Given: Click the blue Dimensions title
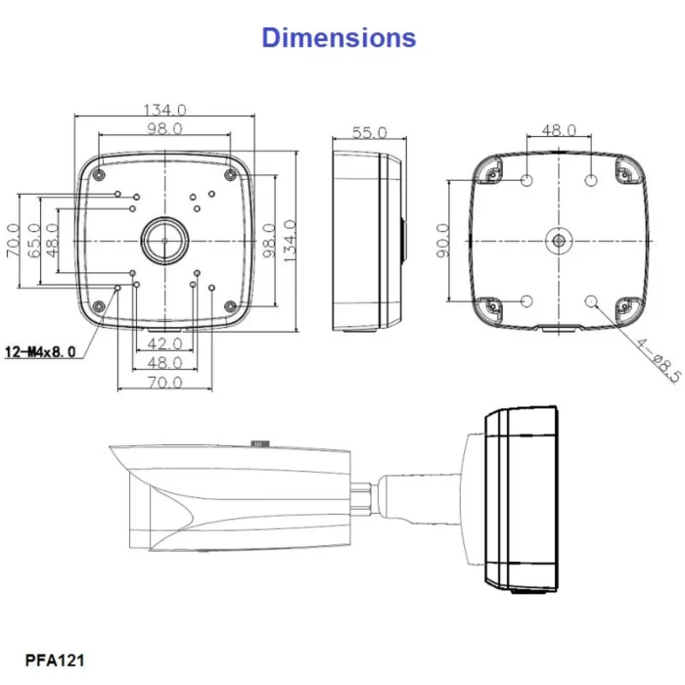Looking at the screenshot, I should point(339,37).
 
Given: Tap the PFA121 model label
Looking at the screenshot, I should point(55,661).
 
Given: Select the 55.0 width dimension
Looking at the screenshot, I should point(369,132).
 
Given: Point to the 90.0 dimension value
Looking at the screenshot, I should point(442,241).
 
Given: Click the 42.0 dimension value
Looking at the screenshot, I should point(163,343).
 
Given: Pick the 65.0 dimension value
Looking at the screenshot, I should point(33,240).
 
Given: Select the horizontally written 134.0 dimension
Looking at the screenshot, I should point(164,110).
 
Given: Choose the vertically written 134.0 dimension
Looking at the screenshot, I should point(290,240).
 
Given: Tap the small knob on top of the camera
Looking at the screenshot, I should point(260,443).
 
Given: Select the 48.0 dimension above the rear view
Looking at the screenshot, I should point(559,130).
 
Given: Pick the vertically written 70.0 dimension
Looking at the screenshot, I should point(14,240).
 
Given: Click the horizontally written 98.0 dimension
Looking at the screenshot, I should point(164,129).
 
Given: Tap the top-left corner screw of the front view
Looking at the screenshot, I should point(100,174).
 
